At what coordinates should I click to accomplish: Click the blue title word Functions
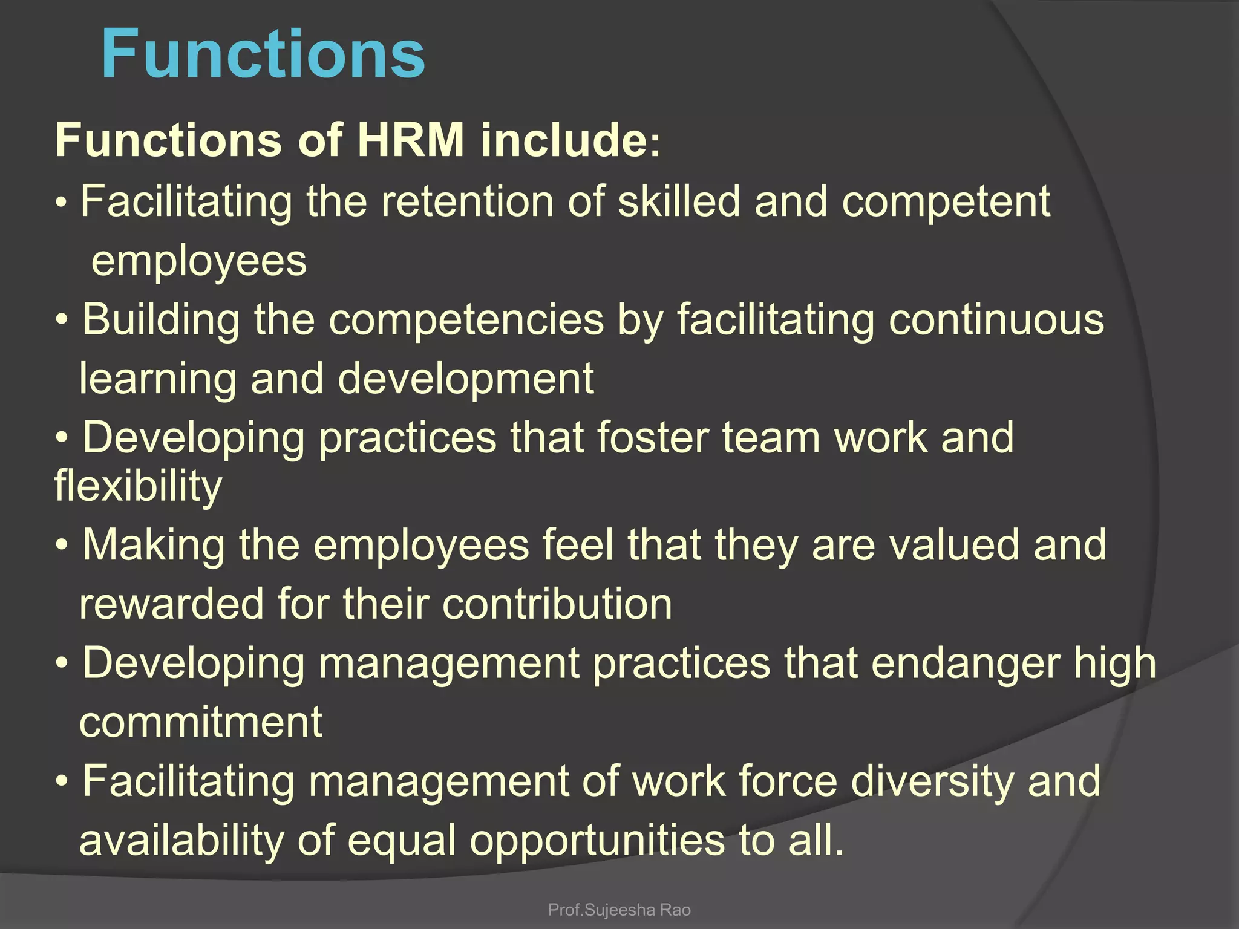[x=263, y=54]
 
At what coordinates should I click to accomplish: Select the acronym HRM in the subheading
[x=411, y=140]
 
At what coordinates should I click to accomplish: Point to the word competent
[x=946, y=203]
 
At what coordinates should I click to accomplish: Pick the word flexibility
[x=138, y=486]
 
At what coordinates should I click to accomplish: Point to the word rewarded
[x=172, y=604]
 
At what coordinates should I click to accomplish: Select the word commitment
[x=201, y=722]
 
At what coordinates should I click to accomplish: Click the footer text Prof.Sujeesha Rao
[x=619, y=910]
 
